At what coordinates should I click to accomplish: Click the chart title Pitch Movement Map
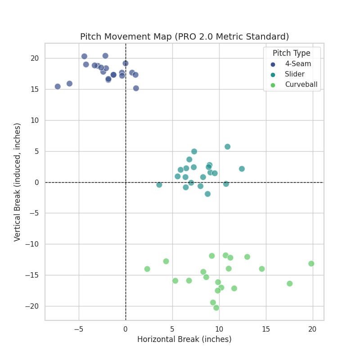(184, 37)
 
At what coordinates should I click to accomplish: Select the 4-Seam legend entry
(297, 64)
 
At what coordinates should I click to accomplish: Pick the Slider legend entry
(294, 74)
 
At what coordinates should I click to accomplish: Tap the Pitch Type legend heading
(291, 53)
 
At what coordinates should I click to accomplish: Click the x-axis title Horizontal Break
(184, 339)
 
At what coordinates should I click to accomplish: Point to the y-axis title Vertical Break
(18, 182)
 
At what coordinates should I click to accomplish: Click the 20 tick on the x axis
(312, 329)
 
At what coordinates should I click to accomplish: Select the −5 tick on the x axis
(79, 329)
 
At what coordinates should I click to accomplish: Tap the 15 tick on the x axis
(265, 329)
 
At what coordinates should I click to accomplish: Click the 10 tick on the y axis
(36, 120)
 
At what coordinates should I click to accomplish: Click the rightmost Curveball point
(311, 264)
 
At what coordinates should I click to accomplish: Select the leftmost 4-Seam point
(58, 86)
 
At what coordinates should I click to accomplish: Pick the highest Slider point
(227, 147)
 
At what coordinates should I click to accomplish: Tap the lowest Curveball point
(216, 308)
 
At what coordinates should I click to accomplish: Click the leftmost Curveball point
(147, 269)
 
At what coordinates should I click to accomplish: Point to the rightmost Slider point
(242, 169)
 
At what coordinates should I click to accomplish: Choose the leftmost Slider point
(159, 185)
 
